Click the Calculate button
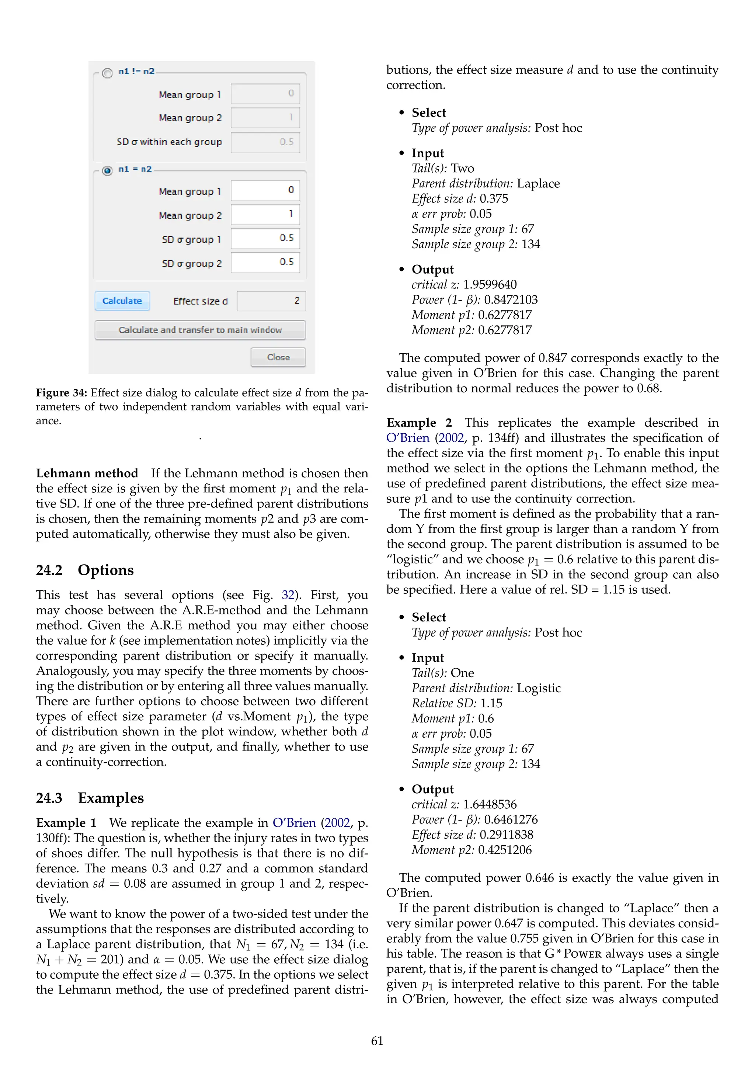[x=122, y=301]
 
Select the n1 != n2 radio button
[x=107, y=73]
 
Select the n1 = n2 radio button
[x=107, y=171]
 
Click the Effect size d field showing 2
[x=271, y=301]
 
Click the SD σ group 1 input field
[x=265, y=238]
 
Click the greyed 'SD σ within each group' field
[x=265, y=142]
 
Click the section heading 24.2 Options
[x=85, y=570]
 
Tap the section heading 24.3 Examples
[x=90, y=798]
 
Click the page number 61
[x=377, y=1041]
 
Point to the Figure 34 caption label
[x=61, y=393]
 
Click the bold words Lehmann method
[x=87, y=473]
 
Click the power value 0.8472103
[x=511, y=299]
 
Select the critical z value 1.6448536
[x=490, y=804]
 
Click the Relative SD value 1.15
[x=491, y=703]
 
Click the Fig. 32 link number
[x=288, y=595]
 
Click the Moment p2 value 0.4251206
[x=504, y=850]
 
